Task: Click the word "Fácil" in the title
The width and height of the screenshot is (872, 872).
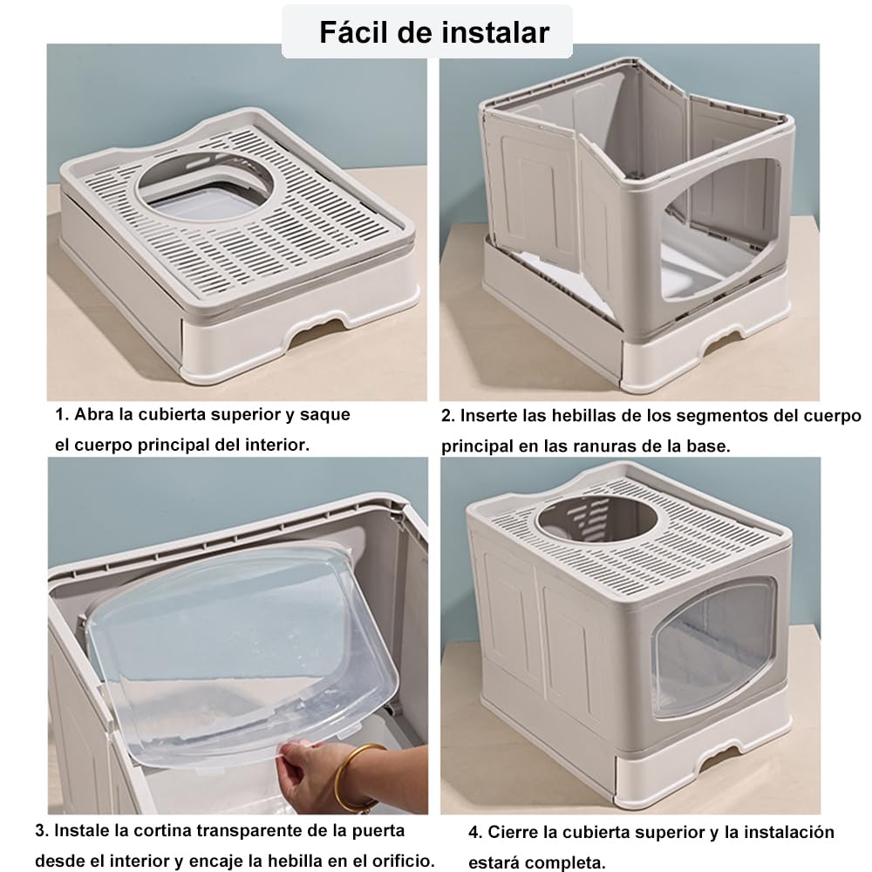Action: click(x=353, y=31)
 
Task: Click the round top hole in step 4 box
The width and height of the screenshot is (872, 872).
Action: click(x=597, y=519)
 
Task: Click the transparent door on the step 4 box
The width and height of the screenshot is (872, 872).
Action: click(x=716, y=648)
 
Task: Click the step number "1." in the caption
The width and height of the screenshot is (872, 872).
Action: click(x=62, y=415)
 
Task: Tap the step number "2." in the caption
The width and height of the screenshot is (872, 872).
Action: click(x=448, y=416)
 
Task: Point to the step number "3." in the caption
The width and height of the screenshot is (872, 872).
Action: click(x=42, y=831)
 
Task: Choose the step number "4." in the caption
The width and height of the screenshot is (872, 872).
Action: click(x=475, y=833)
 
